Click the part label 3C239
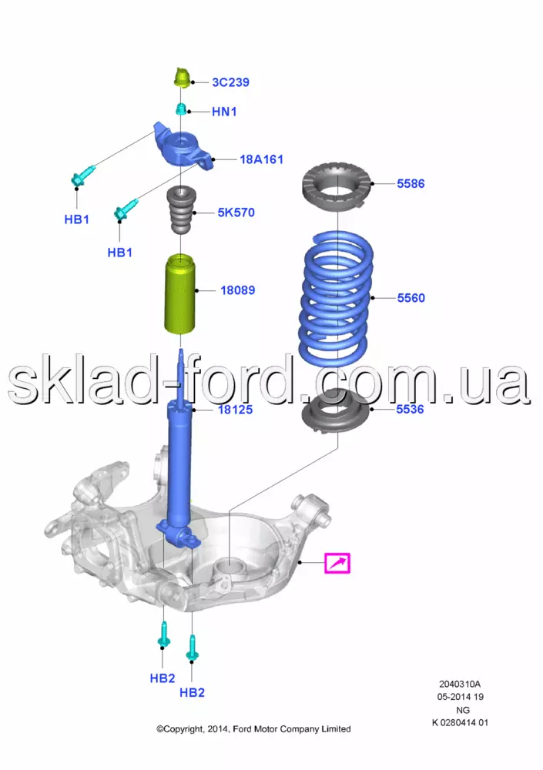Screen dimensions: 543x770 pyautogui.click(x=230, y=82)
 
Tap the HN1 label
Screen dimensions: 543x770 pyautogui.click(x=224, y=112)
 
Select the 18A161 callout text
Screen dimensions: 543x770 pyautogui.click(x=261, y=159)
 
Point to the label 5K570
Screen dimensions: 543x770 pyautogui.click(x=236, y=213)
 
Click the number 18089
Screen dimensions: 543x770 pyautogui.click(x=238, y=290)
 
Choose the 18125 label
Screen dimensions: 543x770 pyautogui.click(x=236, y=410)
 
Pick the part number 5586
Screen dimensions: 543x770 pyautogui.click(x=411, y=184)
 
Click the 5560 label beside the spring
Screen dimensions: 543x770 pyautogui.click(x=411, y=298)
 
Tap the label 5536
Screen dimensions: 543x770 pyautogui.click(x=410, y=409)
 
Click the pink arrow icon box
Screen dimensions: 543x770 pyautogui.click(x=337, y=564)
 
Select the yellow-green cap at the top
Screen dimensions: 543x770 pyautogui.click(x=183, y=78)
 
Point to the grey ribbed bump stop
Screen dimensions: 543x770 pyautogui.click(x=181, y=210)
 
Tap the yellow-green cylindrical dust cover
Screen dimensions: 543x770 pyautogui.click(x=180, y=293)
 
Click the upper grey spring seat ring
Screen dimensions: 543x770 pyautogui.click(x=336, y=187)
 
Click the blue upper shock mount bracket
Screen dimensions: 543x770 pyautogui.click(x=183, y=146)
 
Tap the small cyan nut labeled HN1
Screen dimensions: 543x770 pyautogui.click(x=181, y=109)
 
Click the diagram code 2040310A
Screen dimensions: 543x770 pyautogui.click(x=460, y=684)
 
